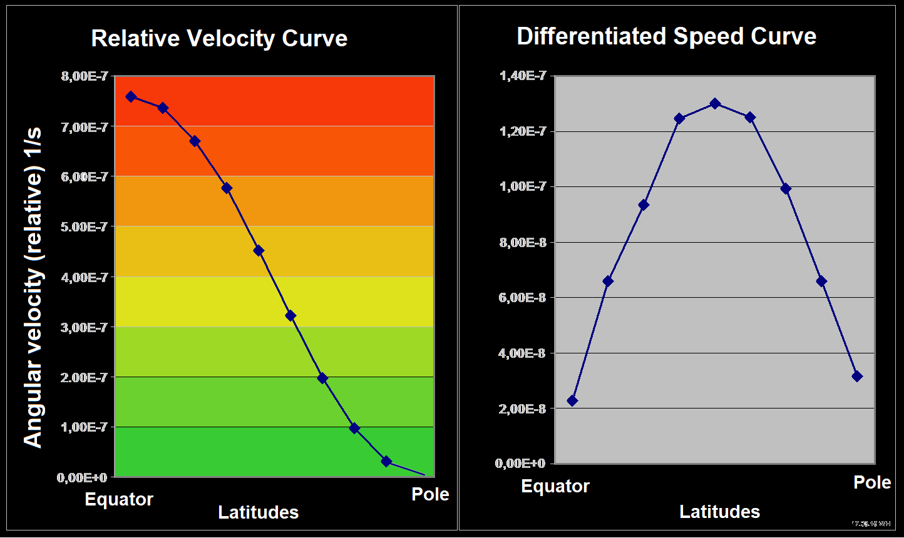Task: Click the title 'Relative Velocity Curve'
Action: tap(219, 39)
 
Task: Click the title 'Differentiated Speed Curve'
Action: tap(667, 36)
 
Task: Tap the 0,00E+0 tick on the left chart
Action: tap(82, 477)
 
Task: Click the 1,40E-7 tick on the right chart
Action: tap(523, 76)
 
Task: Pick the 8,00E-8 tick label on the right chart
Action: tap(523, 242)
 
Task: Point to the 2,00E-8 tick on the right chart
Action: tap(523, 409)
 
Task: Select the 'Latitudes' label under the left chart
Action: tap(258, 512)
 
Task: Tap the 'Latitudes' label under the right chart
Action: tap(719, 512)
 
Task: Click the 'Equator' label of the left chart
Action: tap(119, 499)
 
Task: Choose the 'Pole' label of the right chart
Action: tap(872, 482)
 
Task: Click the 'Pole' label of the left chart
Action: tap(430, 494)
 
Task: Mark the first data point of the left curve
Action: tap(131, 96)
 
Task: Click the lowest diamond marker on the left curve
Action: tap(386, 461)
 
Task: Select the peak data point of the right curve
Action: tap(715, 103)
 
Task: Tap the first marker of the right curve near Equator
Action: tap(572, 400)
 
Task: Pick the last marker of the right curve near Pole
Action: tap(857, 376)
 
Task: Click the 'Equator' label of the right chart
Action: tap(555, 486)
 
